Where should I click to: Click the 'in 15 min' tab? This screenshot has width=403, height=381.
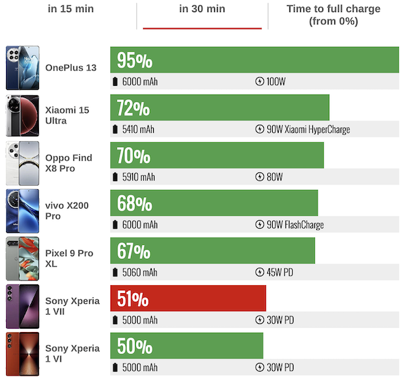click(70, 9)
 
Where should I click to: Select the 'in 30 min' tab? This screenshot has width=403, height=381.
click(202, 9)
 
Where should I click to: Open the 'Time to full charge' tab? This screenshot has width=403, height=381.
click(333, 15)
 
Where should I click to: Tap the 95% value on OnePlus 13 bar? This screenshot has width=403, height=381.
click(134, 61)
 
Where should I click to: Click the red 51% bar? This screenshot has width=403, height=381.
click(188, 298)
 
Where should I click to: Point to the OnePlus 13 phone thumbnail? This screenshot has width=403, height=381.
click(22, 68)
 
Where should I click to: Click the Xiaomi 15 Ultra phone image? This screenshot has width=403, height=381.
click(22, 115)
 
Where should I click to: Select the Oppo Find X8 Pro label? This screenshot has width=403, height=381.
click(69, 163)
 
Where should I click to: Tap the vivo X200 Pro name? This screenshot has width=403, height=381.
click(66, 211)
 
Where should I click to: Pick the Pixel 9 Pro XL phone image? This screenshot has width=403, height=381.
click(22, 258)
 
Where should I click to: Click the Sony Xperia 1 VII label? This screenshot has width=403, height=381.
click(72, 306)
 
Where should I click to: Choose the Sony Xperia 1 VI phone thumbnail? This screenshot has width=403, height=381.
click(22, 353)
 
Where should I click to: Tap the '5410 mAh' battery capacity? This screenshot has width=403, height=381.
click(138, 129)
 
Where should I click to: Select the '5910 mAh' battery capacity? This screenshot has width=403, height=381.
click(138, 177)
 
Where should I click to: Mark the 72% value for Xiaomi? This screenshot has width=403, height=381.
click(134, 109)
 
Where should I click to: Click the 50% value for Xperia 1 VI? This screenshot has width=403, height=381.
click(134, 346)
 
